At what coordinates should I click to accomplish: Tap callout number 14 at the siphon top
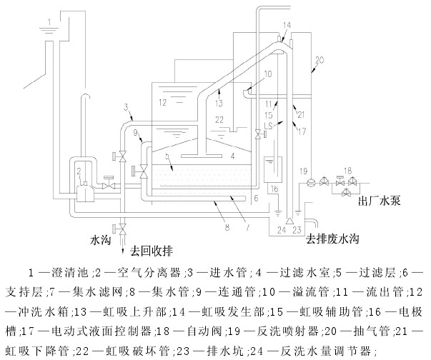[x=287, y=26]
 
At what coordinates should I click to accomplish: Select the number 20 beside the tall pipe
[x=319, y=59]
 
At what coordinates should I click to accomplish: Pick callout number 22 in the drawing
[x=220, y=119]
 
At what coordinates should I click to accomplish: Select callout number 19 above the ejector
[x=303, y=170]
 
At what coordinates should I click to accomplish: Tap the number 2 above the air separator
[x=78, y=171]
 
